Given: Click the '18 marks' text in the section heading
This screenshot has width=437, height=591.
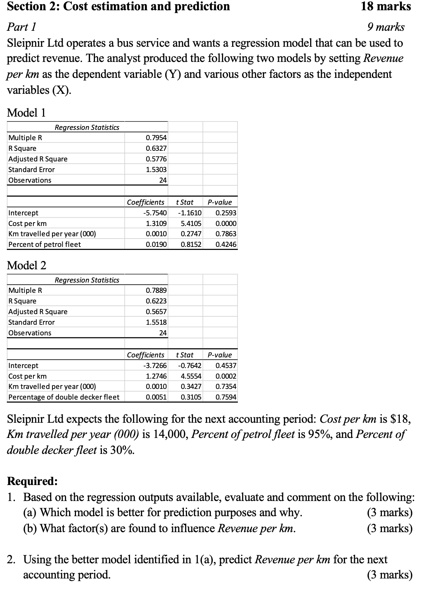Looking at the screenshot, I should (385, 6).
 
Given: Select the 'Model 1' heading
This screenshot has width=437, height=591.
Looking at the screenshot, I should (27, 112).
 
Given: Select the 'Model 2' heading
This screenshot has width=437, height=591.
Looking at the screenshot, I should (27, 265).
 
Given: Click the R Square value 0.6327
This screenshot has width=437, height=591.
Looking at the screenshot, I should (156, 149).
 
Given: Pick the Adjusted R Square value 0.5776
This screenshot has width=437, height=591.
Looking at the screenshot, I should (156, 159).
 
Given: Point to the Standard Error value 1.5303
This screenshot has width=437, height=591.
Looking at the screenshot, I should (156, 169).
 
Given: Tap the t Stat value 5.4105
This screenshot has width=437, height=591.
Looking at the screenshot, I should (191, 224).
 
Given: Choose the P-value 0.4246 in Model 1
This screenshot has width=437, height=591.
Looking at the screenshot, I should (226, 245).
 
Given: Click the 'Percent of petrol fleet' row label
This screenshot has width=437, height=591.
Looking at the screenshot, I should (44, 245).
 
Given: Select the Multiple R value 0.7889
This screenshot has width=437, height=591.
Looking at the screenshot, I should (156, 291).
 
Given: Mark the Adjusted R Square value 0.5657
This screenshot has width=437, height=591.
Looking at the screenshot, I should (156, 312).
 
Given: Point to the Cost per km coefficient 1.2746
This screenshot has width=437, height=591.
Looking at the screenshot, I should (156, 376).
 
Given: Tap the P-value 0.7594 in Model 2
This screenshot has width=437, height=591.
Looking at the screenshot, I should (226, 397).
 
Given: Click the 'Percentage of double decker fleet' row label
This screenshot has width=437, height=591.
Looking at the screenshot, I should (64, 397).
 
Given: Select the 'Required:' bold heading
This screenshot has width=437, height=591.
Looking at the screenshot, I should (33, 481).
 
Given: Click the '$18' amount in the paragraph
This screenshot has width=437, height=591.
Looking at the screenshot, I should (401, 419).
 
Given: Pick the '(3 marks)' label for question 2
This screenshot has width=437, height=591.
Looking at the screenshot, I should (389, 575).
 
